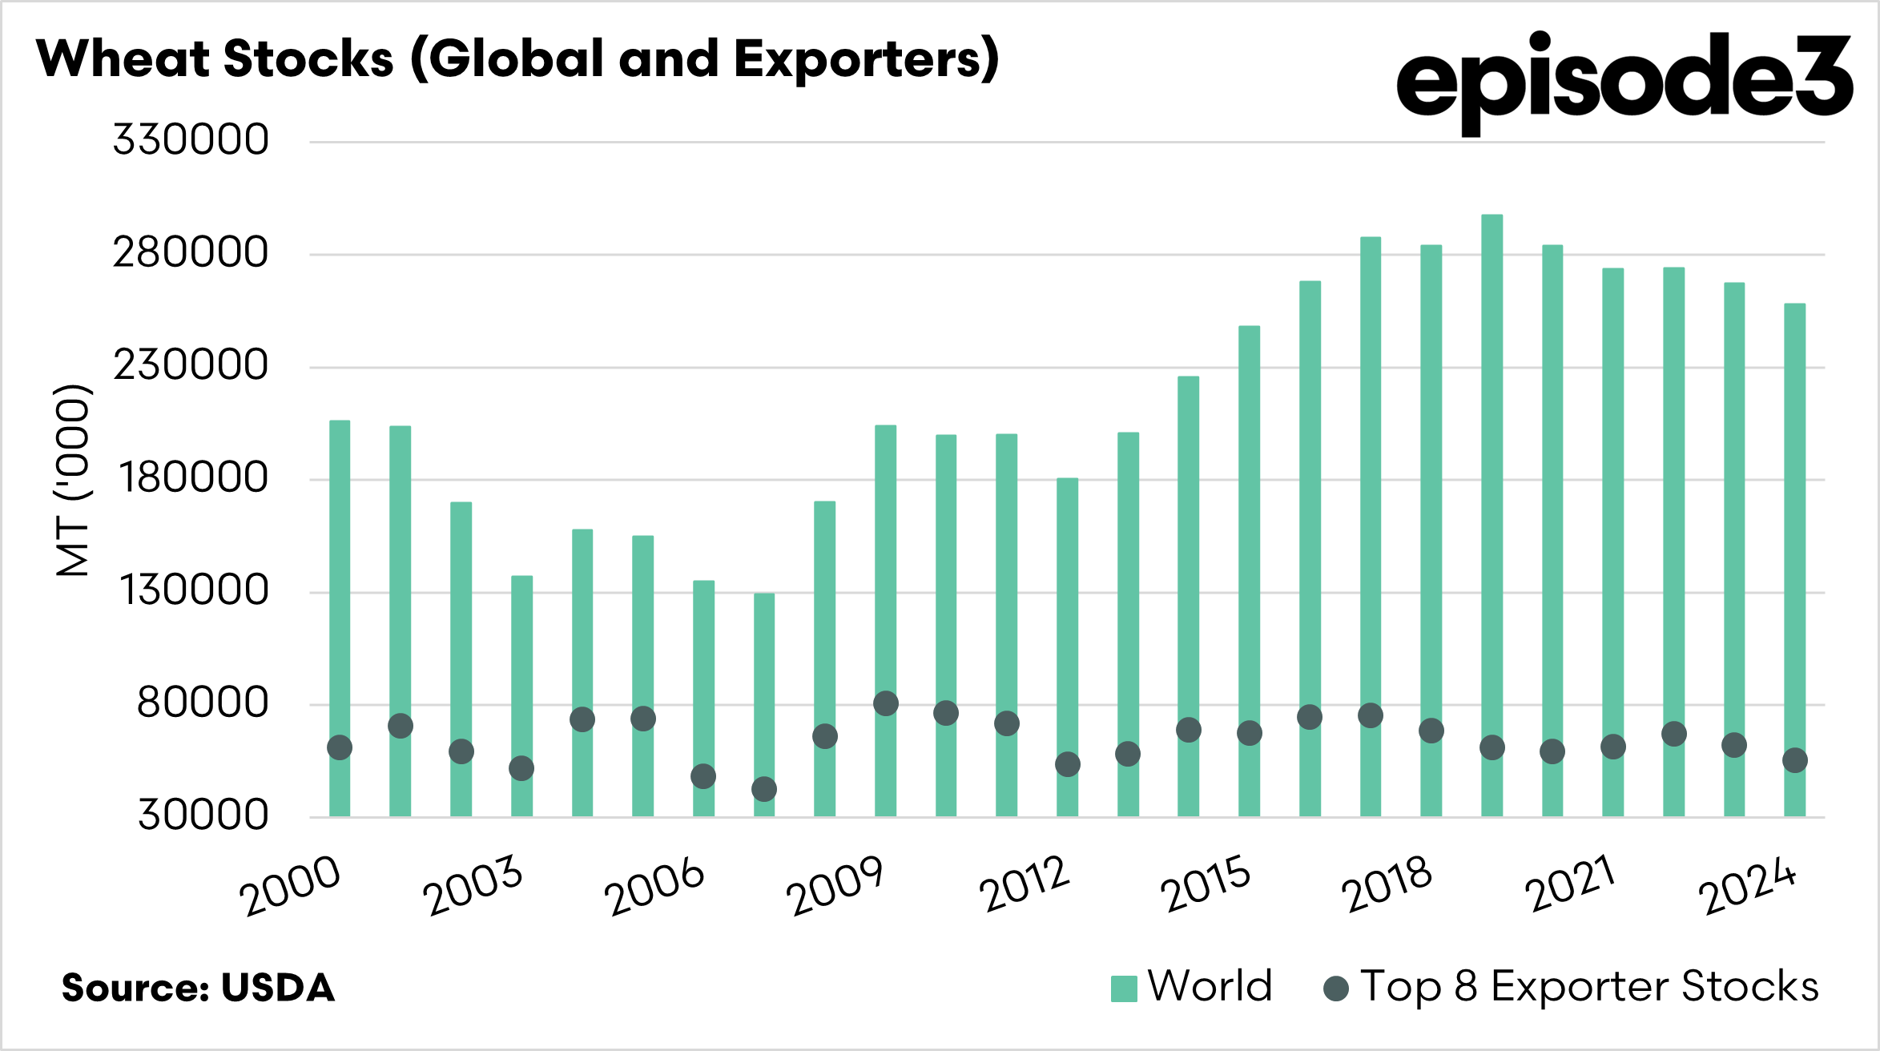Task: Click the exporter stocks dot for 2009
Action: pos(885,703)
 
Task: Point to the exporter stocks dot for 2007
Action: pos(764,789)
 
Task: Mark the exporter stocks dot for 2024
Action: pos(1794,760)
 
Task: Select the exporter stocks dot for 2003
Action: pos(521,768)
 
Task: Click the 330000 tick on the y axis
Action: pos(191,140)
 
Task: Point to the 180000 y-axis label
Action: pos(193,478)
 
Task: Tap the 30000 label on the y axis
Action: pos(203,815)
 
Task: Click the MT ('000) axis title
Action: pos(73,481)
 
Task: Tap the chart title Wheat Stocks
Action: pos(517,59)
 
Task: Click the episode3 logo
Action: pos(1624,80)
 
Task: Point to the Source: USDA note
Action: pos(199,988)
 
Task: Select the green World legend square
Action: pos(1124,989)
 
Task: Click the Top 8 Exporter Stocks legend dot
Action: pos(1335,989)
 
